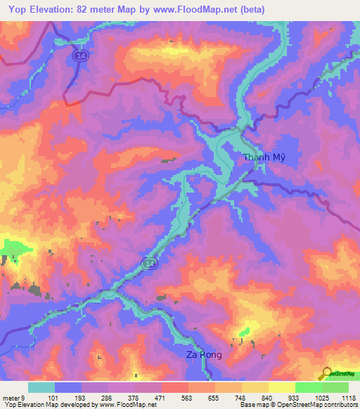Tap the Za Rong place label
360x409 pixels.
(x=204, y=355)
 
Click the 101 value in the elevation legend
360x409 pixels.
(x=55, y=398)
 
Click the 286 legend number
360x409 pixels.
(x=108, y=398)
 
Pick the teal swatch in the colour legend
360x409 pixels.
(x=41, y=387)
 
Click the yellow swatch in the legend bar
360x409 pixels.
(x=281, y=387)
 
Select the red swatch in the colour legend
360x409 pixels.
(x=174, y=387)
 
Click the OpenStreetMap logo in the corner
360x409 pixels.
(x=338, y=374)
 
